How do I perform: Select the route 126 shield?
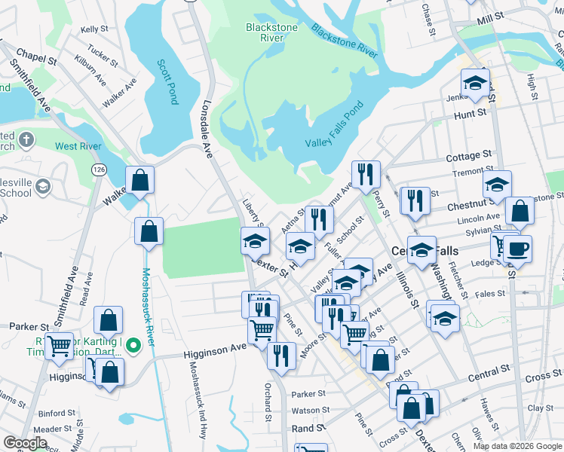tap(99, 170)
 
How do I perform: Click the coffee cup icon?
tap(518, 249)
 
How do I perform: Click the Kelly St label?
tap(95, 29)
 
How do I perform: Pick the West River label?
tap(78, 146)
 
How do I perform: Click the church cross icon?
tap(26, 139)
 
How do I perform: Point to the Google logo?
tap(25, 443)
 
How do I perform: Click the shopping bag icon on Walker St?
tap(139, 180)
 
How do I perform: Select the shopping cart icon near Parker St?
tap(59, 347)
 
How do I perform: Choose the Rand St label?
tap(308, 427)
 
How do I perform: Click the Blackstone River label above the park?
tap(271, 33)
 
